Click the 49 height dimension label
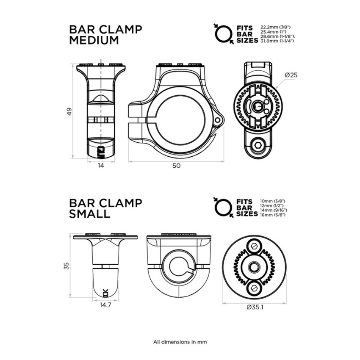69,111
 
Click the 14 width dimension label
101,165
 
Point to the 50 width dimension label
176,166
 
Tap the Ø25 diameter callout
291,75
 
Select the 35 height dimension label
66,266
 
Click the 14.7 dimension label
105,305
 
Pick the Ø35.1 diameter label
255,307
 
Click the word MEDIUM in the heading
94,40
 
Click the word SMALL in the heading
90,214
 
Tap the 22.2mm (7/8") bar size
276,28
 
